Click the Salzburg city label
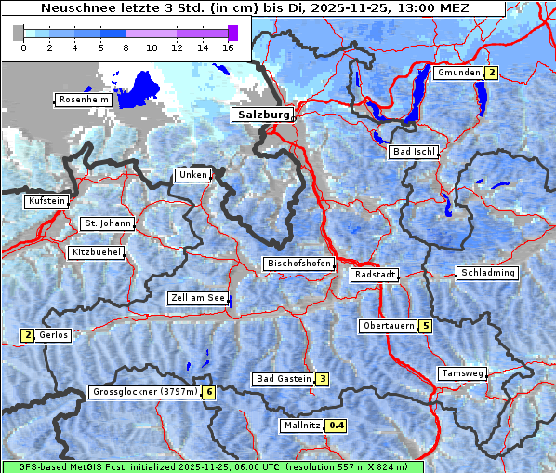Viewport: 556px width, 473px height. click(x=261, y=115)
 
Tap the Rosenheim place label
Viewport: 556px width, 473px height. click(x=84, y=100)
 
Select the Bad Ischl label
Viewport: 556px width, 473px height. click(x=413, y=152)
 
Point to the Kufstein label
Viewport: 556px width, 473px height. click(x=46, y=201)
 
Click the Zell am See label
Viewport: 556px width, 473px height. click(x=197, y=299)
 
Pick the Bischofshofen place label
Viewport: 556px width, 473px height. click(x=298, y=264)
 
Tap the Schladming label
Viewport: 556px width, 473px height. click(x=486, y=273)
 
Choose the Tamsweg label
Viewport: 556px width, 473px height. click(x=461, y=373)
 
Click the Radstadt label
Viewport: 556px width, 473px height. click(x=375, y=275)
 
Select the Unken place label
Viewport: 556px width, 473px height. click(x=192, y=175)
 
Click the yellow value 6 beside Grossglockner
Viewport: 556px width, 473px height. click(x=209, y=392)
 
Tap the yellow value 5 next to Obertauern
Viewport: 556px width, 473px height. click(x=425, y=326)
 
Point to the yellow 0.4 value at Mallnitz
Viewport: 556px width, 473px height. click(x=337, y=426)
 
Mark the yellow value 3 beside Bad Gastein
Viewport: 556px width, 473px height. click(x=322, y=379)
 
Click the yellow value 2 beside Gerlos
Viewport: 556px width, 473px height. click(x=28, y=335)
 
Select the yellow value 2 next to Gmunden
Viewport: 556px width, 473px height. click(x=492, y=73)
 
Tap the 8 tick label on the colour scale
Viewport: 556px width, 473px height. click(x=126, y=47)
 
